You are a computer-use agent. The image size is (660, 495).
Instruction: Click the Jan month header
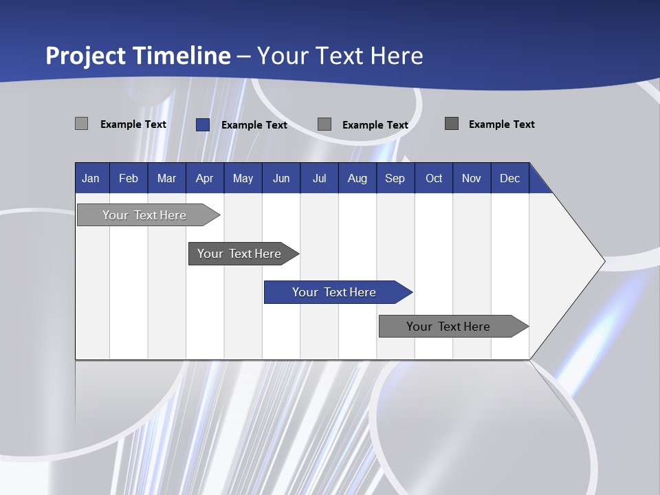click(x=91, y=178)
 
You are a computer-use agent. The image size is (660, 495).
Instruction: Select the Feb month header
click(x=129, y=178)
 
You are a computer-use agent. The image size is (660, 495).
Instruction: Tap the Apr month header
click(x=204, y=178)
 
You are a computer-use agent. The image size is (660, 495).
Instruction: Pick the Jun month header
click(x=281, y=178)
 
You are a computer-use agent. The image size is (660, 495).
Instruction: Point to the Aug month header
click(x=357, y=178)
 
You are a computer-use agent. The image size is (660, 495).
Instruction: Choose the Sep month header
click(x=395, y=178)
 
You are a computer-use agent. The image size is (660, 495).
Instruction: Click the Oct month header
click(x=434, y=178)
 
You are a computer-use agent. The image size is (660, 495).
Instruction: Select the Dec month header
click(x=509, y=178)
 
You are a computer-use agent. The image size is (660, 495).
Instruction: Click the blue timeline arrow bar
click(x=337, y=292)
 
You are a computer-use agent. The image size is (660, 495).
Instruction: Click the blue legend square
click(x=203, y=124)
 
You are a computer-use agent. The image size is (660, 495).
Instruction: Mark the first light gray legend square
click(x=82, y=124)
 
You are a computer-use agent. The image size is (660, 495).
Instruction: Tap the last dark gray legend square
click(x=452, y=124)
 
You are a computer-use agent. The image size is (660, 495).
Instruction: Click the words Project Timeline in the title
click(x=137, y=56)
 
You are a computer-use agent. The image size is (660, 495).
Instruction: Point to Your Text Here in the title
click(x=340, y=56)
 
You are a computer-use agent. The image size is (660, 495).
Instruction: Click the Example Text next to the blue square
click(x=254, y=125)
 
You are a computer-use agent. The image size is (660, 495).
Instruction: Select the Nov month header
click(x=471, y=178)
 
